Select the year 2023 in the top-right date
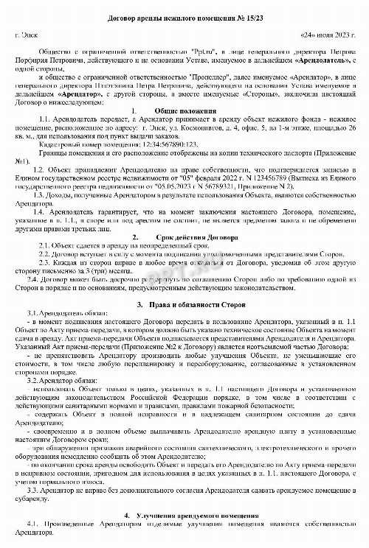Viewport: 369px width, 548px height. tap(331, 35)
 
